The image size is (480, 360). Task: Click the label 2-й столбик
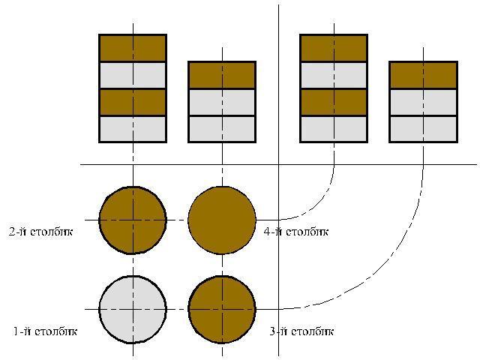[x=40, y=232]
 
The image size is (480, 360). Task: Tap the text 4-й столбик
[x=296, y=232]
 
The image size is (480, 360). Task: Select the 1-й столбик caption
[x=45, y=331]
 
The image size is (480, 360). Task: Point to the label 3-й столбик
[x=301, y=331]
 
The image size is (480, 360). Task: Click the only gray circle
[x=133, y=309]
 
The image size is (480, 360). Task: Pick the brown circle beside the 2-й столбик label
[x=133, y=220]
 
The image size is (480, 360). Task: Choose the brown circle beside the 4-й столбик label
[x=222, y=220]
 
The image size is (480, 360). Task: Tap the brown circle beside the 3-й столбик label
[x=222, y=309]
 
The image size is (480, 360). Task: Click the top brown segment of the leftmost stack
[x=133, y=48]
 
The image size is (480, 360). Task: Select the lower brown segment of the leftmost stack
[x=133, y=102]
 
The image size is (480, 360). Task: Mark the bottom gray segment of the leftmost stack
[x=133, y=128]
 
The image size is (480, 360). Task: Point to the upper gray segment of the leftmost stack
[x=133, y=75]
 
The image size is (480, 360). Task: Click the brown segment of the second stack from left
[x=222, y=75]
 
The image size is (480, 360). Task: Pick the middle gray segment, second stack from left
[x=222, y=102]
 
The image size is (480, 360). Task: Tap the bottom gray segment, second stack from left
[x=222, y=128]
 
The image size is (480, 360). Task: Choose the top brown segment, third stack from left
[x=334, y=48]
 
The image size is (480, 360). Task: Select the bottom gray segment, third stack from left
[x=334, y=128]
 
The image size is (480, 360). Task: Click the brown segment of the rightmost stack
[x=423, y=75]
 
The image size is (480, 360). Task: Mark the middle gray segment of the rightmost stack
[x=423, y=102]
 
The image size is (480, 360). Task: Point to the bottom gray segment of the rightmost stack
[x=423, y=128]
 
